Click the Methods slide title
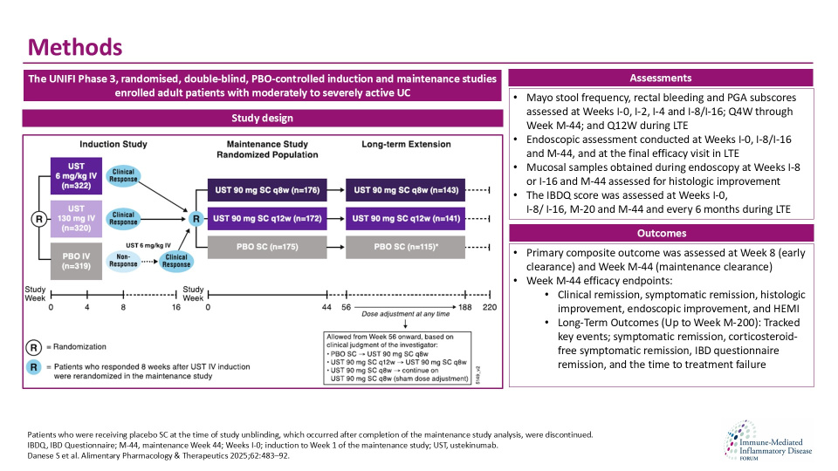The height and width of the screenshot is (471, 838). (75, 45)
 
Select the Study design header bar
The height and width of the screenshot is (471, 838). (263, 118)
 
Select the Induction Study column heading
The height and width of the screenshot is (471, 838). (113, 144)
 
